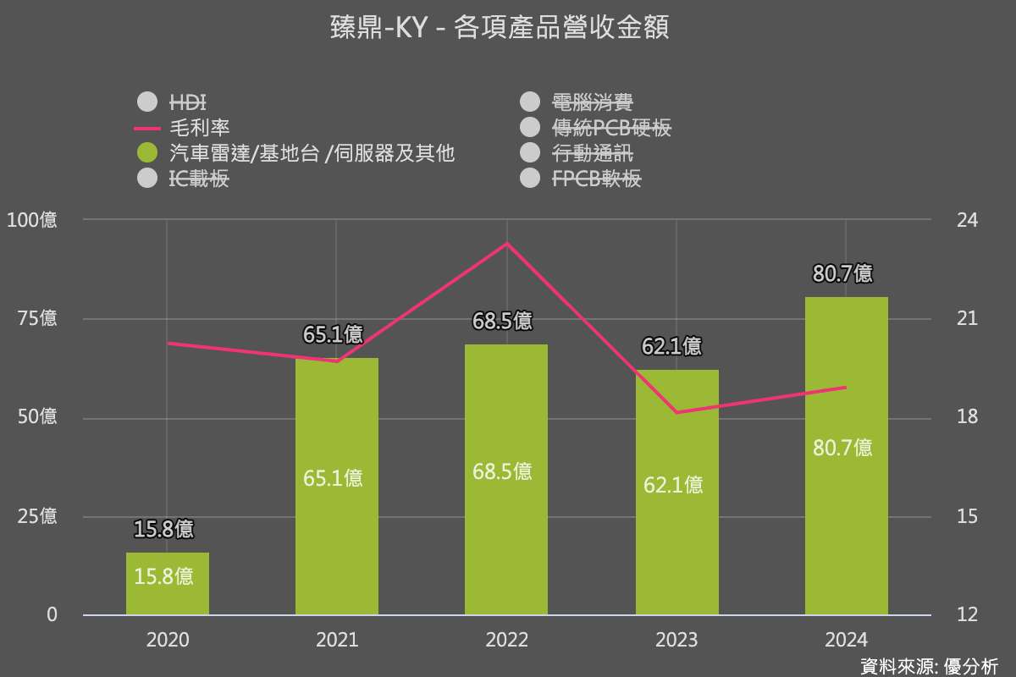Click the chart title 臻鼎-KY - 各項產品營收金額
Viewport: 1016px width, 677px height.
(500, 28)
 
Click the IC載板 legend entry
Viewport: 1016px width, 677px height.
(199, 179)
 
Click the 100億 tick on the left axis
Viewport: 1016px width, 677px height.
(32, 220)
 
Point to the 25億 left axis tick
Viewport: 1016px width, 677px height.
(36, 516)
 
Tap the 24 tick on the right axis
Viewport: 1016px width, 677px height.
(966, 220)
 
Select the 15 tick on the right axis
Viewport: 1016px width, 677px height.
(966, 516)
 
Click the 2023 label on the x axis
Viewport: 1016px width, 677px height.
(676, 640)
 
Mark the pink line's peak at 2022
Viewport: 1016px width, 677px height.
(506, 244)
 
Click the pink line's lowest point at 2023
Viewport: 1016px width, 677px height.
(676, 413)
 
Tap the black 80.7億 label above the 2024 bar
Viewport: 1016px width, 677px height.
(842, 274)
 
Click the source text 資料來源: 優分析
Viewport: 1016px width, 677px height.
(929, 665)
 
